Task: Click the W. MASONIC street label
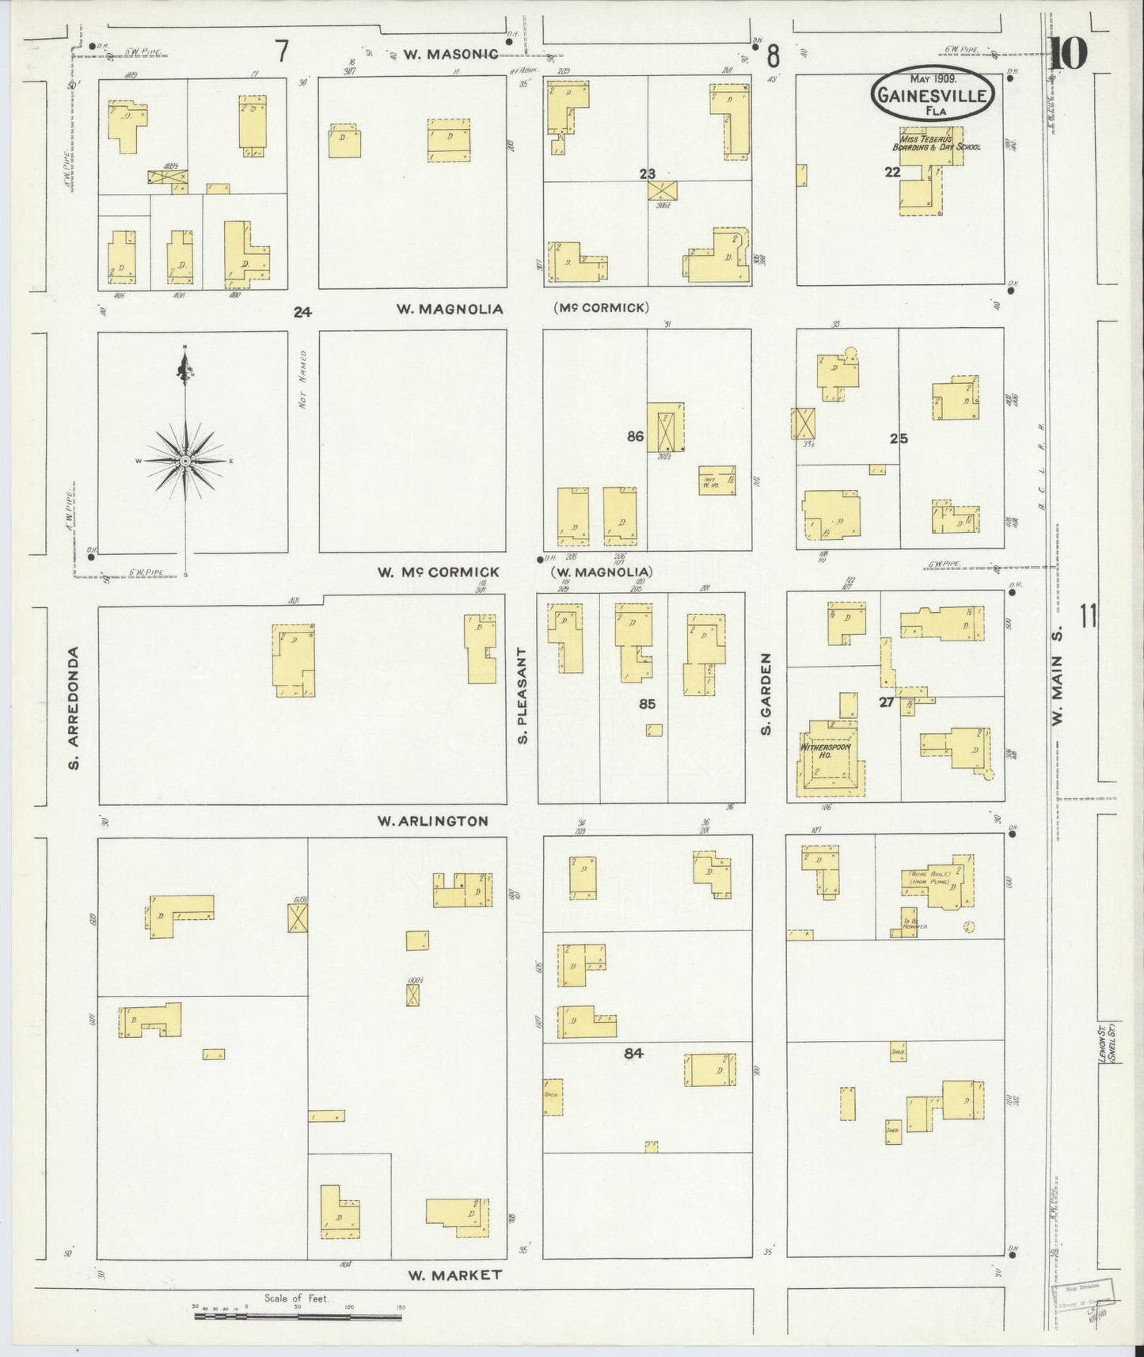click(450, 54)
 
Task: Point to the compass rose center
click(185, 460)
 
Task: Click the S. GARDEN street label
click(766, 694)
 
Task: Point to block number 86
click(635, 435)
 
